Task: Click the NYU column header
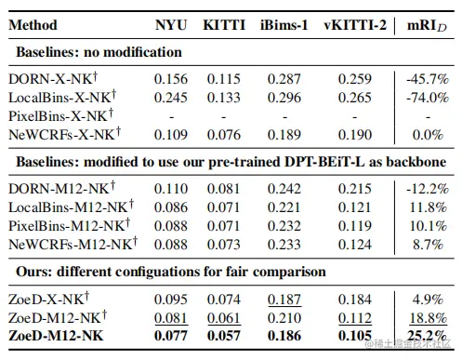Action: tap(170, 25)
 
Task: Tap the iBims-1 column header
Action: tap(283, 25)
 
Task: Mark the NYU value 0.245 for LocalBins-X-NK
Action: tap(169, 99)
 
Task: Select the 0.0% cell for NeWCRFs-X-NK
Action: tap(426, 134)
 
